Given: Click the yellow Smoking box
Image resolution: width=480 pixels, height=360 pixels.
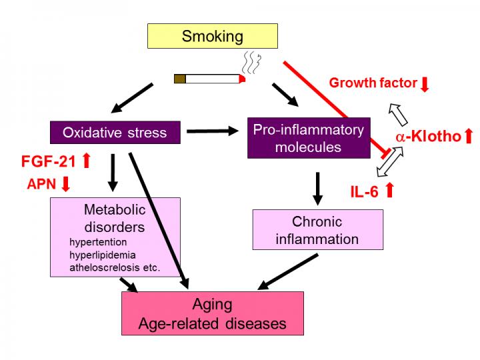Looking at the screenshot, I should point(213,37).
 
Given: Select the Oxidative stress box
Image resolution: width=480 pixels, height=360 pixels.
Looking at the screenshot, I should point(115,132).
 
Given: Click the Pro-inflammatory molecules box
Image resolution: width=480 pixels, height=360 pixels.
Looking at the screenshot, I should point(307,138).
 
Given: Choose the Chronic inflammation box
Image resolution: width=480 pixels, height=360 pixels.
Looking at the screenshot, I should point(317,230).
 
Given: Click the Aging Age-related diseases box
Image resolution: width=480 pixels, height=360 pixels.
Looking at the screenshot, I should point(212,314).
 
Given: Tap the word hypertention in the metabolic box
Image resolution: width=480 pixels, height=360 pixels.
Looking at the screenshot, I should point(97,242).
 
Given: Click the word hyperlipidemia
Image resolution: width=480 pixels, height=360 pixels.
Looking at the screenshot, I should point(102,255).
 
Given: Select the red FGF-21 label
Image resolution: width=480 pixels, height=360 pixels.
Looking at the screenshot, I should point(49,161).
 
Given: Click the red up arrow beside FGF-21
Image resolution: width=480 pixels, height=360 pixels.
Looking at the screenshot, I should point(86,161).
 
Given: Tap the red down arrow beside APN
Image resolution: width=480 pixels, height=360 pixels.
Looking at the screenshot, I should point(65,184).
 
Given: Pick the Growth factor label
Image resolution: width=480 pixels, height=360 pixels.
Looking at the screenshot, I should point(373,84).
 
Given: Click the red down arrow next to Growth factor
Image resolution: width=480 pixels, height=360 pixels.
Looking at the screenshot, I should point(425,84).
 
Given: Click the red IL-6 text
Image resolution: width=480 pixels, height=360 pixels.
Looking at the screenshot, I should point(365,191).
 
